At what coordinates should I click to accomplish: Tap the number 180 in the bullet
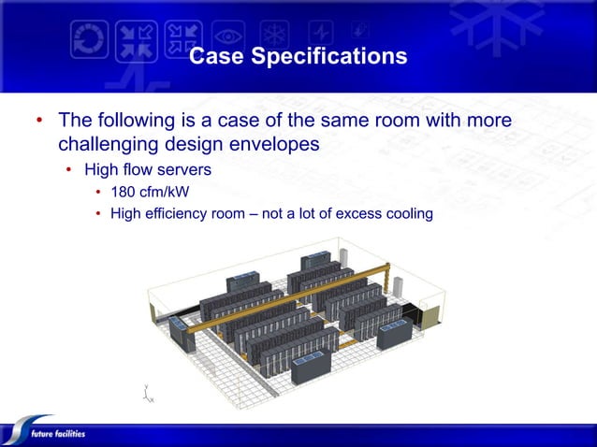point(124,193)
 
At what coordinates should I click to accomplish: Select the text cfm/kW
point(168,193)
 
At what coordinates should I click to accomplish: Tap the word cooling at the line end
point(407,214)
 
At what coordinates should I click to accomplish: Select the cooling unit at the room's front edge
point(311,368)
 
